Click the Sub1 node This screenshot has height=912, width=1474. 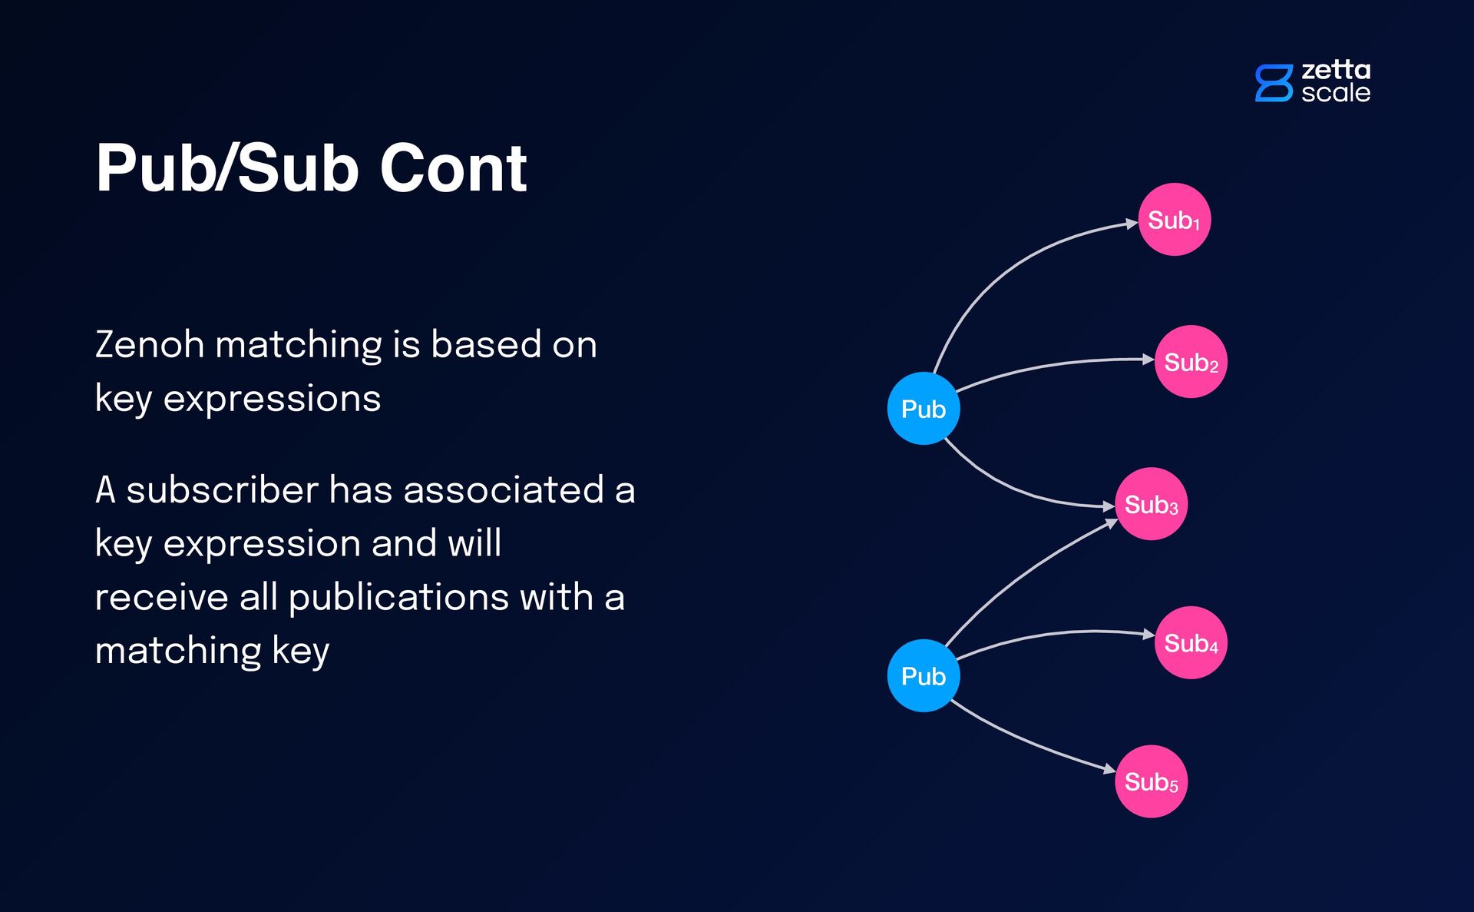[x=1174, y=220]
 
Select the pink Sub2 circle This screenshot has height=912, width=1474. [x=1191, y=362]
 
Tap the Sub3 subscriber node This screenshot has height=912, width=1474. [x=1151, y=504]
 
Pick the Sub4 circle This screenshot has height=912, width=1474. [x=1191, y=643]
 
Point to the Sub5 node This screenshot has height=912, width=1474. [x=1151, y=781]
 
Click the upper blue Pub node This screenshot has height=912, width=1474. [x=923, y=409]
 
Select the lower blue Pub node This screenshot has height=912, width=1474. [x=923, y=676]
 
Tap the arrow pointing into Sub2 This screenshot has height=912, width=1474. [x=1059, y=363]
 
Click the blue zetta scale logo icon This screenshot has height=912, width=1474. [x=1274, y=83]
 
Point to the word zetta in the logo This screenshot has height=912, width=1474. [x=1336, y=70]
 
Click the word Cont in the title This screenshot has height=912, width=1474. [x=453, y=168]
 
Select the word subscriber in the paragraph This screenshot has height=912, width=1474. [x=222, y=490]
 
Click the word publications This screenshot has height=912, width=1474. [x=398, y=598]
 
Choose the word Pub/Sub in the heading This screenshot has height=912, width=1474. [x=227, y=168]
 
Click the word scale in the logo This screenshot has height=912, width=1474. [x=1336, y=93]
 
